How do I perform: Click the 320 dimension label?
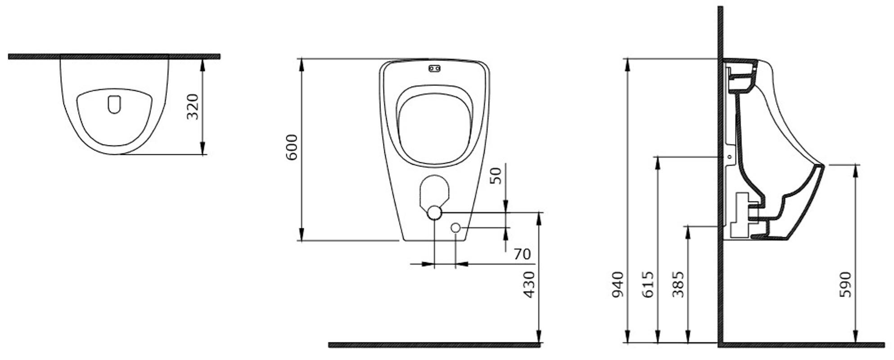(x=193, y=106)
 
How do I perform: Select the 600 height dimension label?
(x=292, y=147)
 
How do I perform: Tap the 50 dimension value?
(x=495, y=175)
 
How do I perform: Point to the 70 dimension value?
(x=522, y=254)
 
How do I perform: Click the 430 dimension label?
(x=529, y=284)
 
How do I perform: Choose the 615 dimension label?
(x=648, y=284)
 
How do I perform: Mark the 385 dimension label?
(x=678, y=284)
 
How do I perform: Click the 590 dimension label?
(x=845, y=284)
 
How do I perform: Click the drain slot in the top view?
(x=114, y=104)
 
